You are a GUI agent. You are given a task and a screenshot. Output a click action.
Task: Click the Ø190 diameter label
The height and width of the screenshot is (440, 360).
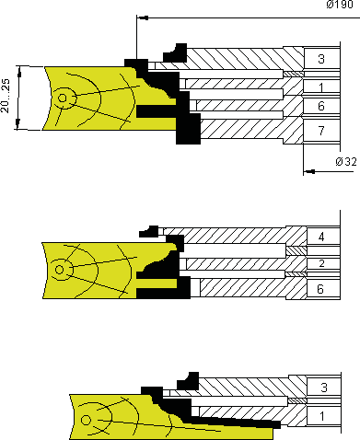[340, 5]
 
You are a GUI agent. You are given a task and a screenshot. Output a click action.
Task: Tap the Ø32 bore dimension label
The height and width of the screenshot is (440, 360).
[346, 162]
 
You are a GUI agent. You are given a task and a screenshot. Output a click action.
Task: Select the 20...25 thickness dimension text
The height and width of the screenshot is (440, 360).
[6, 96]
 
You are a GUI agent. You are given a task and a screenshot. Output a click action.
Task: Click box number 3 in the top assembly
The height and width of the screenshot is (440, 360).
[321, 59]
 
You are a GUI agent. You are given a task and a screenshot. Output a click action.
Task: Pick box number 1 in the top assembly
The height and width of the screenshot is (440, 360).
[321, 87]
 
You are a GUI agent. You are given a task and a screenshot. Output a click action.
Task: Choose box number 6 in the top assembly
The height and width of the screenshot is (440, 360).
[321, 106]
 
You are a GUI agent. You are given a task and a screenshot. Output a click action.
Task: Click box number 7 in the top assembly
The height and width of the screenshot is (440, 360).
[321, 131]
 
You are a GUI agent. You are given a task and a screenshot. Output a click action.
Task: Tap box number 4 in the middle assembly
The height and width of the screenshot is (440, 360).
[321, 237]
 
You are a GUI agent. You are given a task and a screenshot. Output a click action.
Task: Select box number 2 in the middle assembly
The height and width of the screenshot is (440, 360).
[321, 263]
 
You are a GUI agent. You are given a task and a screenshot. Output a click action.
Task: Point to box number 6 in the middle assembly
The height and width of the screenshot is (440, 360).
[320, 289]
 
